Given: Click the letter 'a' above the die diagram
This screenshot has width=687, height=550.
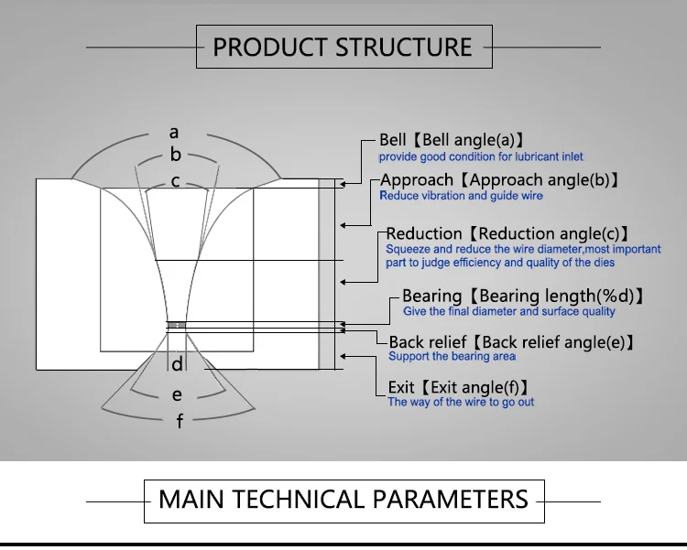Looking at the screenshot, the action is click(174, 133).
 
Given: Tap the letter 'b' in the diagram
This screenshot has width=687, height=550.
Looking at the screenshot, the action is click(175, 154).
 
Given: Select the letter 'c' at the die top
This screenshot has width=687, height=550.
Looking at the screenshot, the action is click(175, 181).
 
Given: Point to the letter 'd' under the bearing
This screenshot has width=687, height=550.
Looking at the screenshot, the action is click(177, 364).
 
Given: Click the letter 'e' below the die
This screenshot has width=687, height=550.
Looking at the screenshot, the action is click(177, 395).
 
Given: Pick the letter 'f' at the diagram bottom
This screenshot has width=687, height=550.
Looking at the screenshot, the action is click(180, 421).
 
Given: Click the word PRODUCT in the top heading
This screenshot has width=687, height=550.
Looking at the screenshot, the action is click(270, 48).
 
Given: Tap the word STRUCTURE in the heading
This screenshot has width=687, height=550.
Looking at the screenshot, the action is click(404, 48).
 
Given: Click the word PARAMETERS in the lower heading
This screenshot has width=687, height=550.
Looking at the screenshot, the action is click(451, 499).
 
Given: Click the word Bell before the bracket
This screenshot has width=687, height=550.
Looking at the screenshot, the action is click(393, 140).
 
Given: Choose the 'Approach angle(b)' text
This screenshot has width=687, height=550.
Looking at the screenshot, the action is click(540, 180).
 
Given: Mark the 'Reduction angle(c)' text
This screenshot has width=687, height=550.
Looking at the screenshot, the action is click(549, 234).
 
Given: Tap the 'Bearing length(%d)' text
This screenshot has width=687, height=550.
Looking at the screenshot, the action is click(556, 296).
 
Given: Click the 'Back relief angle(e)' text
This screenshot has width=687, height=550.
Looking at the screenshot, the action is click(553, 342).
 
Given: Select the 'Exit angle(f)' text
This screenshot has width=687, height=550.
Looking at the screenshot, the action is click(474, 387).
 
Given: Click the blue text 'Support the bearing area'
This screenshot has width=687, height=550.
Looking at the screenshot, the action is click(452, 357).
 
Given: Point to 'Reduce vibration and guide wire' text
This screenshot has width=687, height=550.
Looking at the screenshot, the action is click(462, 196).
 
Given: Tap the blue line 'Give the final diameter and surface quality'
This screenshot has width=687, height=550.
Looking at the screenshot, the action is click(509, 311).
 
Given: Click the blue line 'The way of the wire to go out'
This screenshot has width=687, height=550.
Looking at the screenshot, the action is click(461, 402).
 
